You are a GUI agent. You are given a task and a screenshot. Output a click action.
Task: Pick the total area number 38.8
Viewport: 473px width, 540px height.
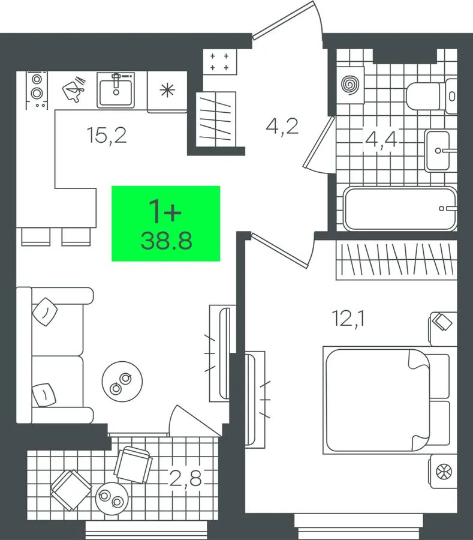click(166, 241)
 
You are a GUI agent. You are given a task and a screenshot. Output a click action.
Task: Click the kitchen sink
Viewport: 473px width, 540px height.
click(116, 90)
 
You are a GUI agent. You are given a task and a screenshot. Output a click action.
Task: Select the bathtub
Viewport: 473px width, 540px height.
click(400, 209)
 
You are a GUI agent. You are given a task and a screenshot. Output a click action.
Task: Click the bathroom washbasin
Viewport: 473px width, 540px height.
click(438, 151)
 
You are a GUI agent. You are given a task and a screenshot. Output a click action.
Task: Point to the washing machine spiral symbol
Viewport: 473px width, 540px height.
click(350, 85)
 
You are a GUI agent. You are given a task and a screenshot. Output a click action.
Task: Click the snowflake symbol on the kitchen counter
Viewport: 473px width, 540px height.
click(167, 90)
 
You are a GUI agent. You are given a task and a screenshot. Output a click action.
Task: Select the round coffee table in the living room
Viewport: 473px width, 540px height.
click(122, 381)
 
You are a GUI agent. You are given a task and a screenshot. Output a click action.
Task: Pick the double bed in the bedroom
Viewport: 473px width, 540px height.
click(387, 400)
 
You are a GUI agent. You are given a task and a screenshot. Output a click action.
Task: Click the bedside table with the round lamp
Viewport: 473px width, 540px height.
click(443, 471)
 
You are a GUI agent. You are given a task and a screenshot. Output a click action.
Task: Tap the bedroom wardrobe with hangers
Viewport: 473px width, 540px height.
click(396, 260)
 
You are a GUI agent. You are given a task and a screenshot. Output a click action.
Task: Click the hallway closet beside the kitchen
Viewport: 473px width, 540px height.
click(216, 119)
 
